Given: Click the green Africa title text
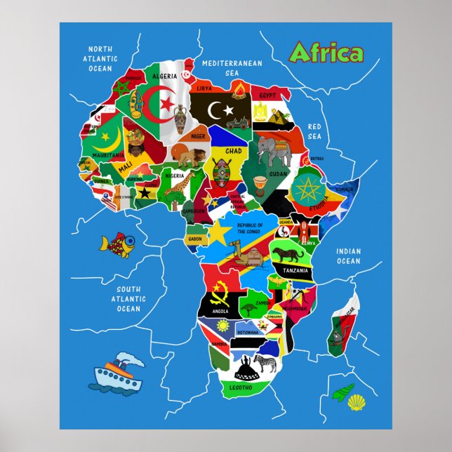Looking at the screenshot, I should (x=326, y=53).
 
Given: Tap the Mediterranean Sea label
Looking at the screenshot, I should (x=232, y=67).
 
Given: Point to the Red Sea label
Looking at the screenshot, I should (x=314, y=131).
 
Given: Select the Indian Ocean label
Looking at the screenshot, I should (x=348, y=256).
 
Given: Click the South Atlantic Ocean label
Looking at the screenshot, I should (x=128, y=299).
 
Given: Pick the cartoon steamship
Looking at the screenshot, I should (x=117, y=372).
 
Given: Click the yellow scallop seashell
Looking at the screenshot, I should (x=357, y=401).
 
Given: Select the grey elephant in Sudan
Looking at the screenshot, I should (x=272, y=150).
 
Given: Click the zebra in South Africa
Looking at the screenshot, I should (x=266, y=364).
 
